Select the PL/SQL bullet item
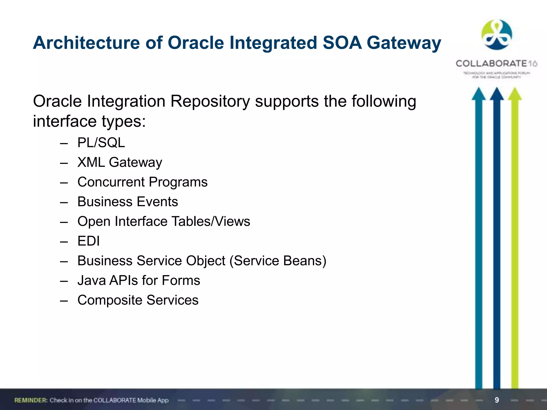coord(101,143)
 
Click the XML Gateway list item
coord(120,162)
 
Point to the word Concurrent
coord(111,182)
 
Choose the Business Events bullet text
coord(128,202)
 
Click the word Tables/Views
coord(211,221)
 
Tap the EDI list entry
coord(88,241)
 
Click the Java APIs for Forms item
coord(139,281)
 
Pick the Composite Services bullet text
coord(138,300)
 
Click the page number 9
coord(497,400)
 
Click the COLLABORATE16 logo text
coord(496,64)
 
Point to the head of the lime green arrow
coord(515,94)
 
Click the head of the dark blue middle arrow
coord(497,94)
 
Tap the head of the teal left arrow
coord(479,94)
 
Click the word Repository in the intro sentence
coord(210,101)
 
